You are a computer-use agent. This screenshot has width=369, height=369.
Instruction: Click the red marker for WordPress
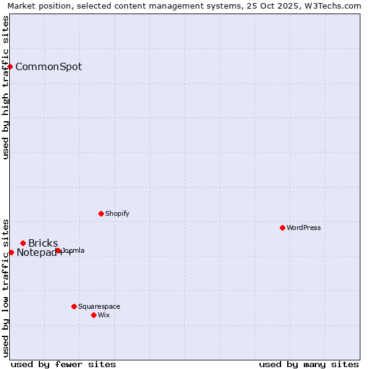pyautogui.click(x=282, y=228)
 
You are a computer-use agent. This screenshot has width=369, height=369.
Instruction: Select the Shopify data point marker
pyautogui.click(x=101, y=213)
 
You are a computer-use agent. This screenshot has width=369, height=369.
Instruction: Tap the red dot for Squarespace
pyautogui.click(x=74, y=306)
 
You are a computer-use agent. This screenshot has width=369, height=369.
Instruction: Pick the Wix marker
pyautogui.click(x=93, y=315)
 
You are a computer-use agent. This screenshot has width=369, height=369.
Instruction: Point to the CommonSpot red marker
pyautogui.click(x=10, y=66)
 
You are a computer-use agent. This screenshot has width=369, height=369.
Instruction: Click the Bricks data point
pyautogui.click(x=23, y=243)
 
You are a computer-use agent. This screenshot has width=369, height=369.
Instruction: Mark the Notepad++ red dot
pyautogui.click(x=11, y=252)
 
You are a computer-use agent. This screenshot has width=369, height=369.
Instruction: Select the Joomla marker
pyautogui.click(x=58, y=250)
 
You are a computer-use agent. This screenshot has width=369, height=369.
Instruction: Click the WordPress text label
pyautogui.click(x=303, y=228)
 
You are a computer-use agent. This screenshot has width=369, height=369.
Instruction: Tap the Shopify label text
pyautogui.click(x=117, y=214)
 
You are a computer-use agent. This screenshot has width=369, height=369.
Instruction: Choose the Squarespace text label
pyautogui.click(x=99, y=306)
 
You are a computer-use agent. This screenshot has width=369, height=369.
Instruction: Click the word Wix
pyautogui.click(x=103, y=315)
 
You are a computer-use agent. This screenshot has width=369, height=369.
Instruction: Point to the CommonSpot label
pyautogui.click(x=49, y=67)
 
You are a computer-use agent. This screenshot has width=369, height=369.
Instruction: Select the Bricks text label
pyautogui.click(x=43, y=244)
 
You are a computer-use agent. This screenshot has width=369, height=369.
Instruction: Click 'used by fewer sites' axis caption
pyautogui.click(x=63, y=364)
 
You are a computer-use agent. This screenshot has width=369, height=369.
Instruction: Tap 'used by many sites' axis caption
pyautogui.click(x=309, y=364)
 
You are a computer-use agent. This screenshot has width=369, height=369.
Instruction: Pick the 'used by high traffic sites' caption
pyautogui.click(x=6, y=87)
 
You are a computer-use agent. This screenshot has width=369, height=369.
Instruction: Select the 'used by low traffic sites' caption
pyautogui.click(x=6, y=288)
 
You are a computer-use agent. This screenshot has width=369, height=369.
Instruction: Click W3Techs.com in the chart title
pyautogui.click(x=333, y=6)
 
